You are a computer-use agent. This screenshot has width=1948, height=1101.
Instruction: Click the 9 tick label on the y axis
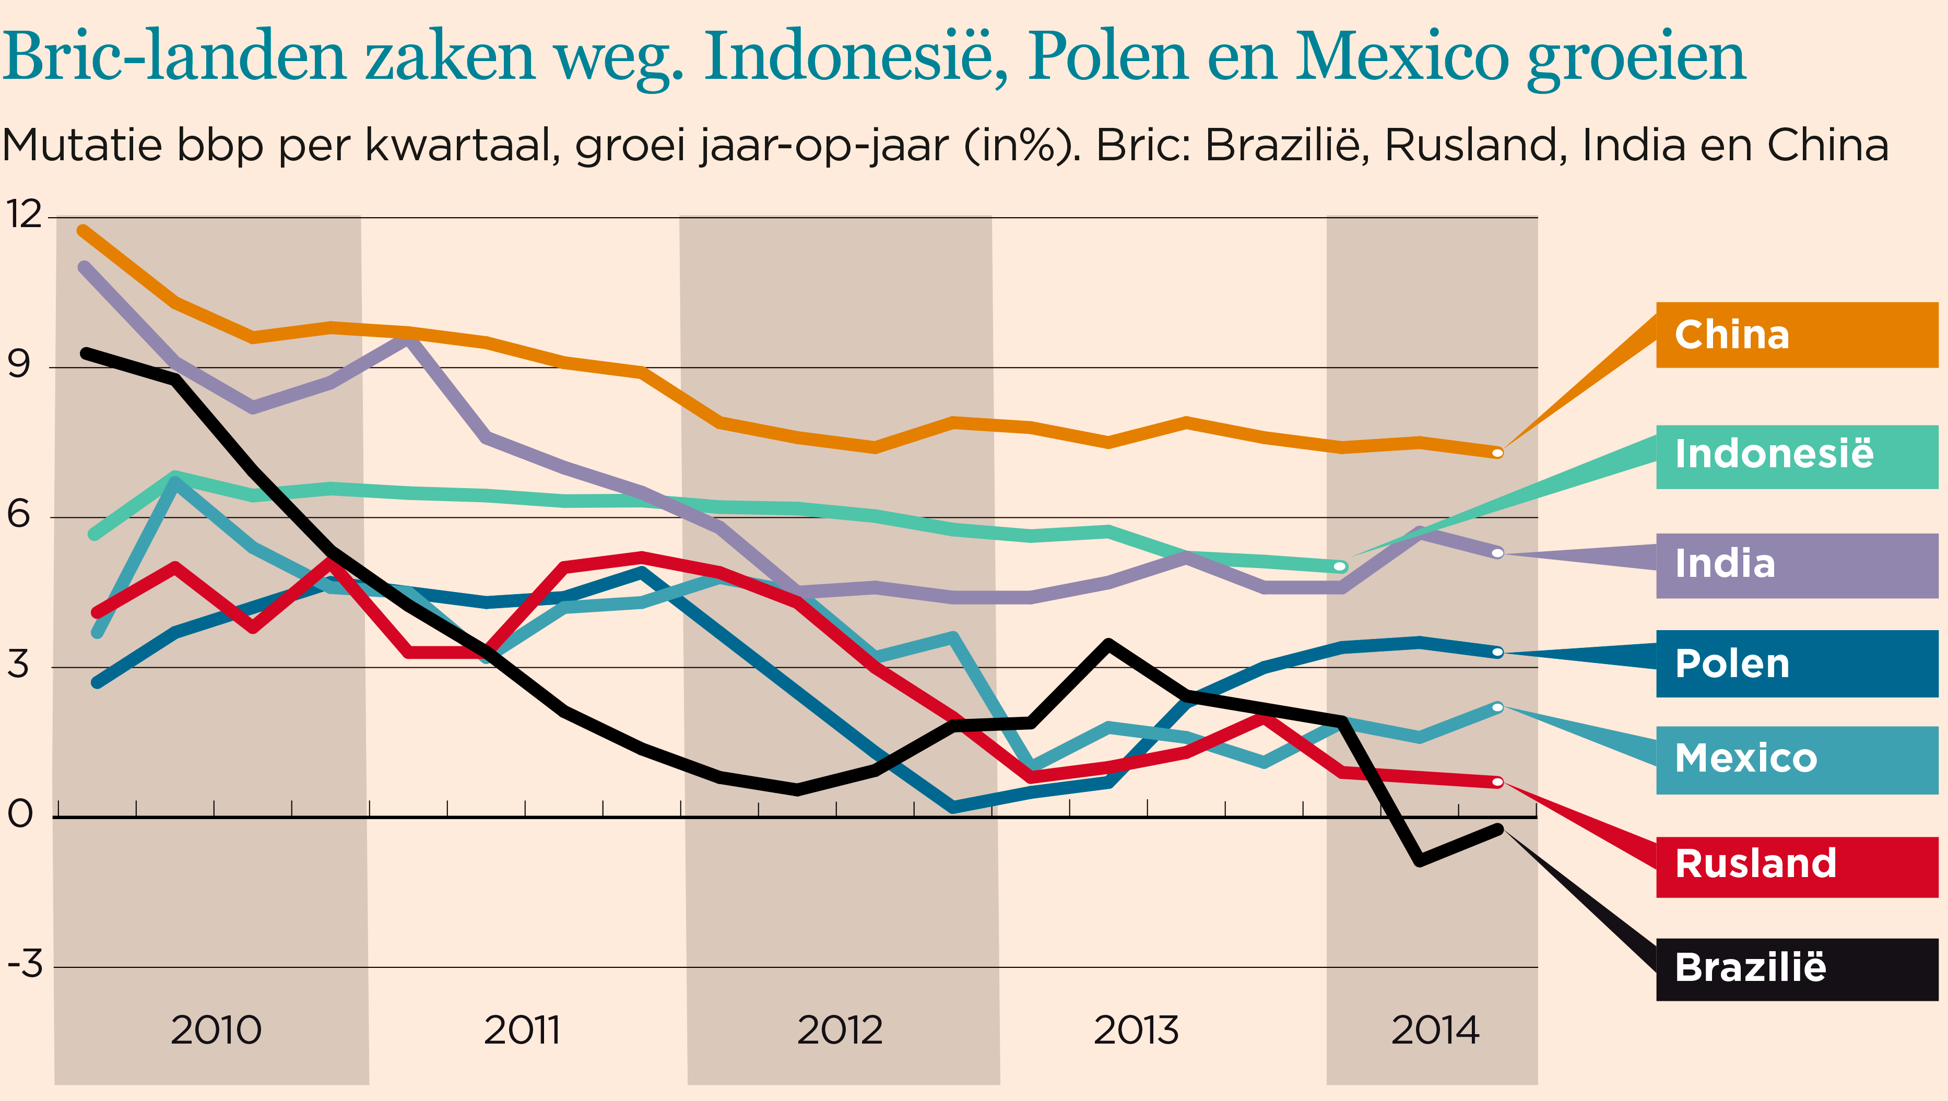[19, 365]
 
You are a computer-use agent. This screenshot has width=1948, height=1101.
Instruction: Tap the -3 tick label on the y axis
[24, 964]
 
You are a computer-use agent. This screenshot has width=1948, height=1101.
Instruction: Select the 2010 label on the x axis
[216, 1030]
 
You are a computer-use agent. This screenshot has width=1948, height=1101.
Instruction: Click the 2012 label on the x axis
[840, 1030]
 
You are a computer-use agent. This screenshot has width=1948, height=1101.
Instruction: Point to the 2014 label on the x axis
[1435, 1030]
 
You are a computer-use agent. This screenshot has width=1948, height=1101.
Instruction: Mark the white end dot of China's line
[1497, 453]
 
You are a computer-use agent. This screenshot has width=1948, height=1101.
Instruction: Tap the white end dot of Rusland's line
[1497, 782]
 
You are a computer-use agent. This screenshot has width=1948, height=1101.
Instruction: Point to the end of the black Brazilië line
[1497, 830]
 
